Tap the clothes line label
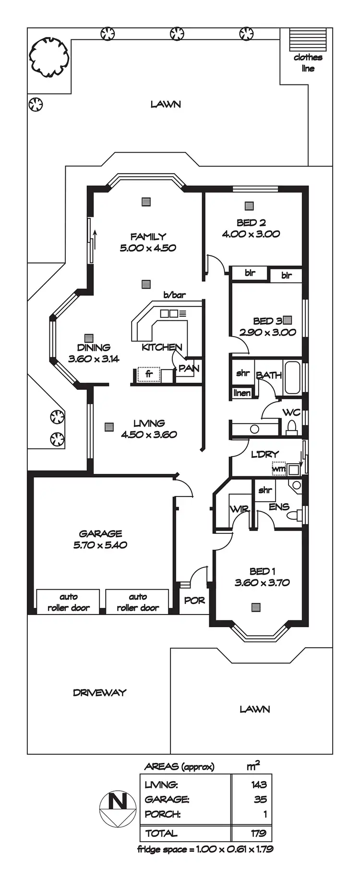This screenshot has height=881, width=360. pyautogui.click(x=308, y=63)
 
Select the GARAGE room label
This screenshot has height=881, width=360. pyautogui.click(x=100, y=533)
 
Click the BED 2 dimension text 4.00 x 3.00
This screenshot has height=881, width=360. pyautogui.click(x=251, y=234)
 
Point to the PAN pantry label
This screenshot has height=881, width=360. pyautogui.click(x=189, y=369)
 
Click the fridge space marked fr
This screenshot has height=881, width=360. pyautogui.click(x=149, y=374)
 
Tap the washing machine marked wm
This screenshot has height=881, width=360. pyautogui.click(x=279, y=468)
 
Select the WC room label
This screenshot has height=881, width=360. pyautogui.click(x=291, y=412)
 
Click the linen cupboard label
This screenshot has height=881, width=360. pyautogui.click(x=242, y=393)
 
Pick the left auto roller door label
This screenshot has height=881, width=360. pyautogui.click(x=68, y=602)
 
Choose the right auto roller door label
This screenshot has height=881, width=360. pyautogui.click(x=138, y=602)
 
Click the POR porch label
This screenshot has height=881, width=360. pyautogui.click(x=194, y=601)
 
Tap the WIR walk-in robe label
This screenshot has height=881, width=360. pyautogui.click(x=239, y=509)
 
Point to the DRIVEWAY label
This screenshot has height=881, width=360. pyautogui.click(x=99, y=692)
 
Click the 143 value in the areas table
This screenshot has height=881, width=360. pyautogui.click(x=259, y=784)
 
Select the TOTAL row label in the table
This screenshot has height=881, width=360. pyautogui.click(x=161, y=833)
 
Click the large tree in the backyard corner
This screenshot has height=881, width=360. pyautogui.click(x=49, y=57)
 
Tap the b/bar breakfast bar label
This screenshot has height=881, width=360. pyautogui.click(x=174, y=295)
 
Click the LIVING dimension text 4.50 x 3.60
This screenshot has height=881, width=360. pyautogui.click(x=149, y=434)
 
